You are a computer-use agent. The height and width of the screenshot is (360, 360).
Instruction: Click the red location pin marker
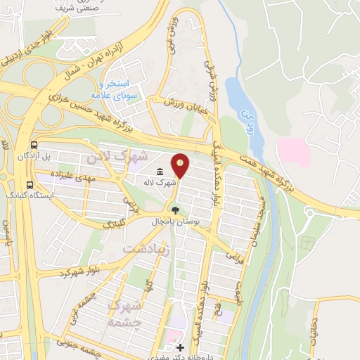pyautogui.click(x=181, y=165)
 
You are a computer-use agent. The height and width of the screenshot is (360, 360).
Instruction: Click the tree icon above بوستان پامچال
pyautogui.click(x=174, y=210)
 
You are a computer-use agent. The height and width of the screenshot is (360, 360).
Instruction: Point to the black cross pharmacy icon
pyautogui.click(x=181, y=348)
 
